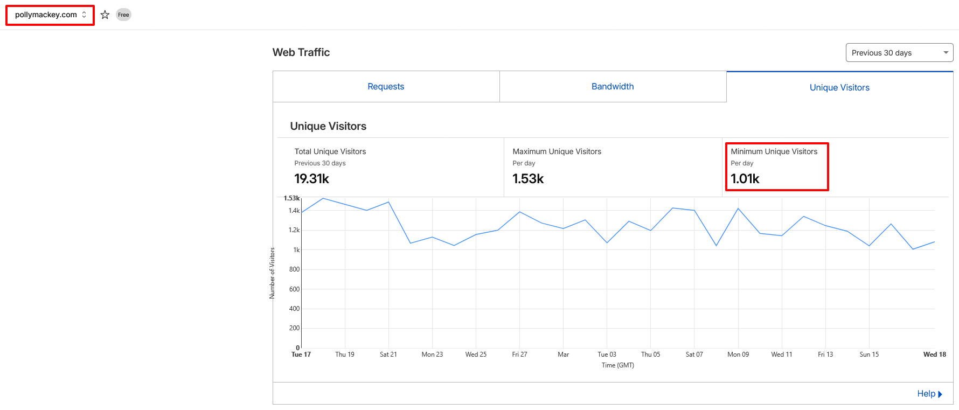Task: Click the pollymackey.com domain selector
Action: coord(50,15)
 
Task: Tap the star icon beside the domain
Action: coord(105,15)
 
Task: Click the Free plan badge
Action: coord(123,15)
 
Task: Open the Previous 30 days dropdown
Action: coord(899,53)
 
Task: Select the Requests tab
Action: coord(386,87)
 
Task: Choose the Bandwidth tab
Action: coord(613,87)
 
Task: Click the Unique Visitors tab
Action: coord(839,88)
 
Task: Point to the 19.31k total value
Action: coord(311,179)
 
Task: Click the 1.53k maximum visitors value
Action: coord(528,179)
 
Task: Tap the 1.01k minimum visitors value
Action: coord(745,179)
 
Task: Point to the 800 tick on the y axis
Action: coord(294,269)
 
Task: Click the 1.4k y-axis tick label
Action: coord(294,211)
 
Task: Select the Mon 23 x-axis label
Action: coord(432,355)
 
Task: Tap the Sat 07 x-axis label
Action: coord(694,355)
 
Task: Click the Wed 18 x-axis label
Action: coord(934,355)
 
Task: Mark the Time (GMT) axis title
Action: coord(617,365)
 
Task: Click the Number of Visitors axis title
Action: coord(272,273)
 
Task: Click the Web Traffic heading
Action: coord(301,52)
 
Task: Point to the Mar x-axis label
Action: coord(563,355)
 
